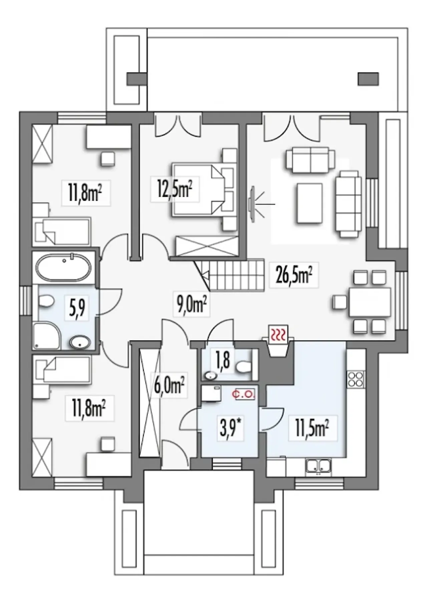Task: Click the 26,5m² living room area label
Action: pos(294,275)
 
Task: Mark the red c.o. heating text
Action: pos(244,394)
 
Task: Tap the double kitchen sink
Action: pos(319,465)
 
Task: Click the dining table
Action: pos(370,302)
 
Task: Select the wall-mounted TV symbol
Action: pos(252,203)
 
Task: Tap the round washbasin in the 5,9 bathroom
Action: pos(80,342)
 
